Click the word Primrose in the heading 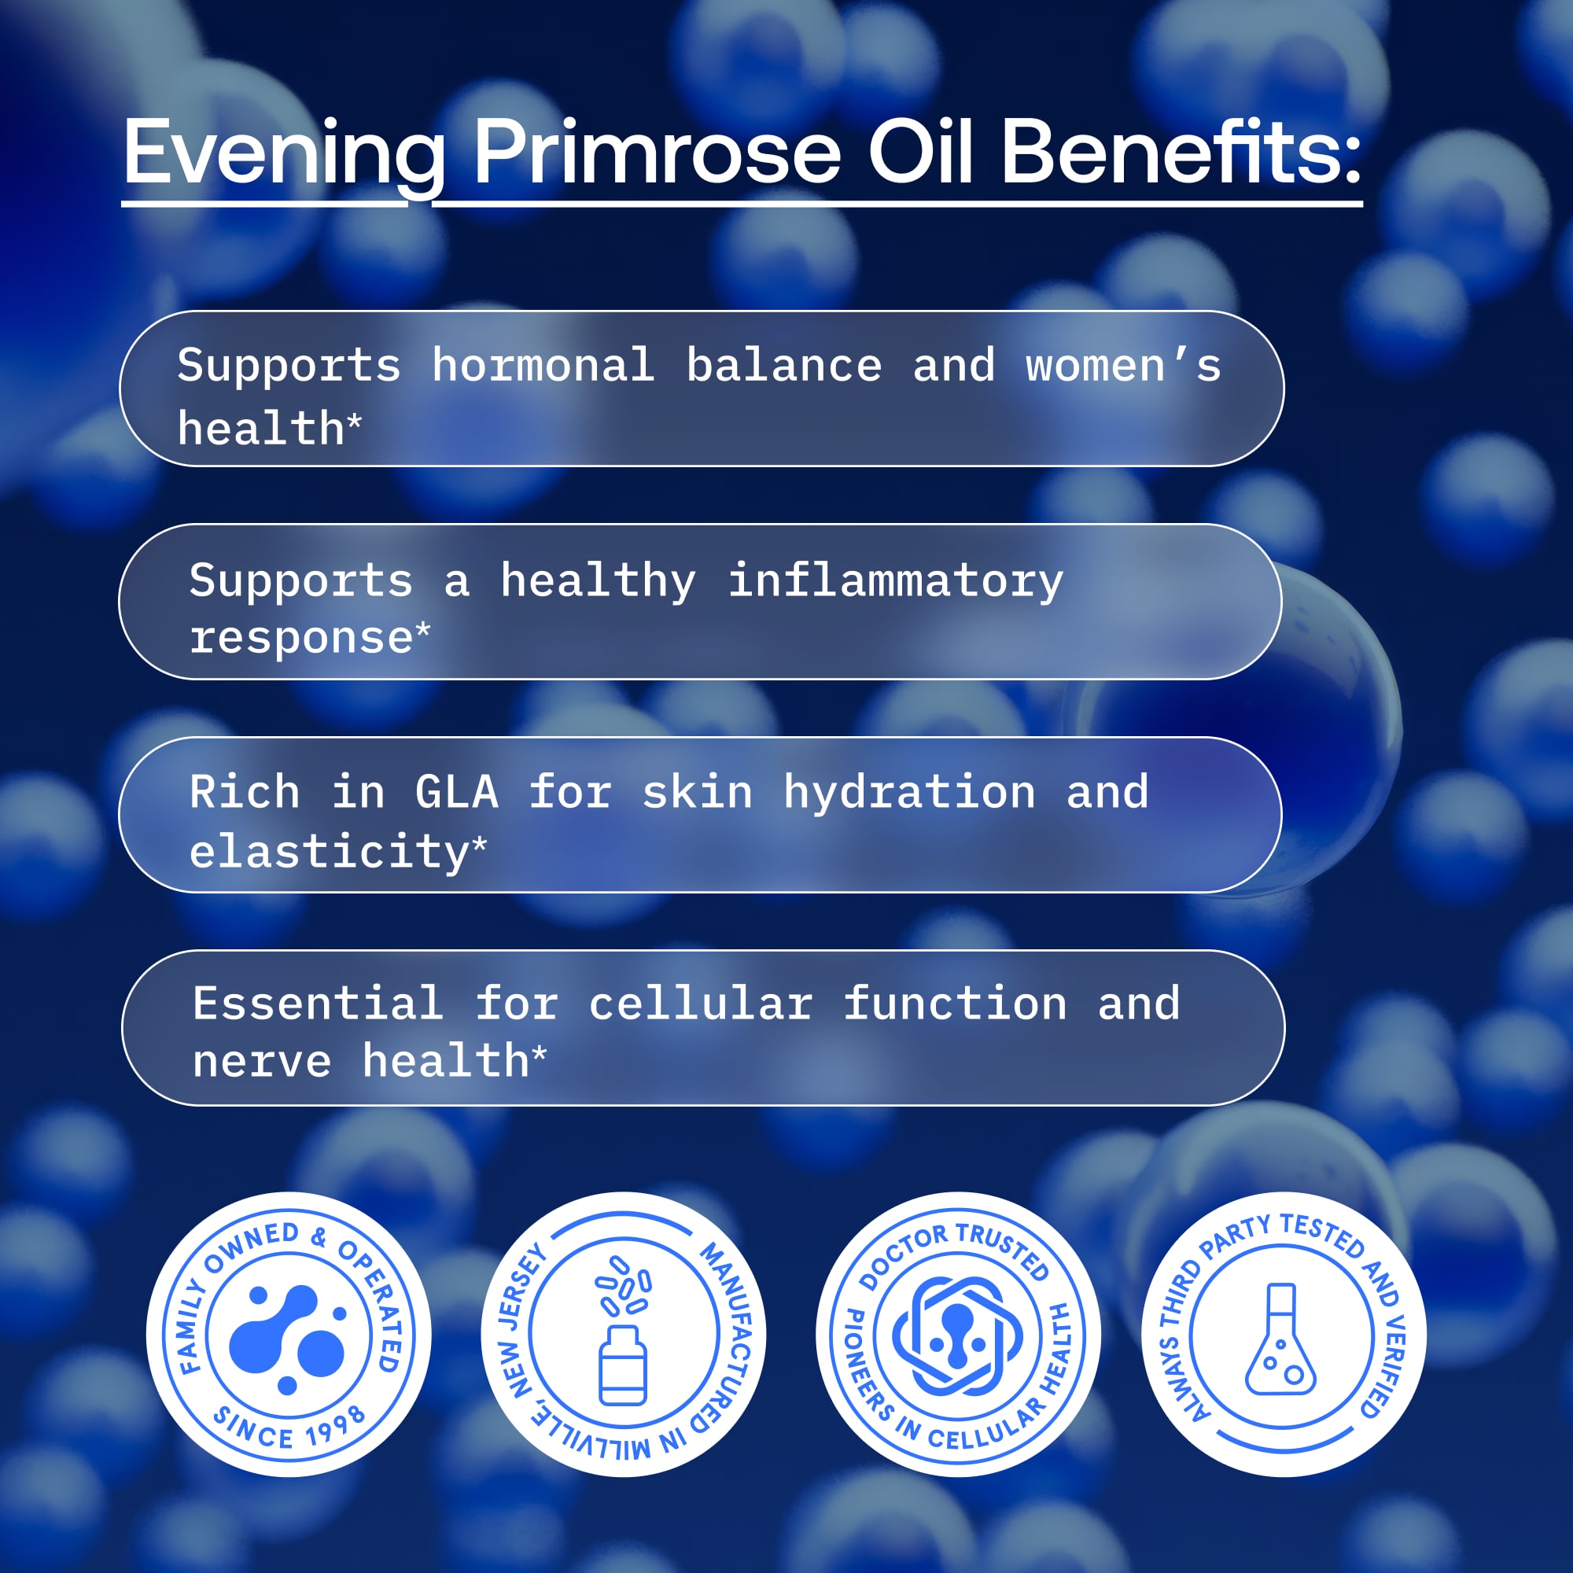click(656, 153)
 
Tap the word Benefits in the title click(1172, 153)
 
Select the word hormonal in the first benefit click(543, 365)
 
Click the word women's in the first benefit click(1123, 365)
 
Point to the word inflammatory click(896, 581)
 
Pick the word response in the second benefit click(301, 639)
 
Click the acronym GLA click(456, 792)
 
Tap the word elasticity click(329, 853)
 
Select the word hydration click(909, 792)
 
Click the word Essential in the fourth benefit click(319, 1003)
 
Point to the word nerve click(262, 1062)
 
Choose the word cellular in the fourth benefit click(701, 1003)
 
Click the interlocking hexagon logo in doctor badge click(957, 1336)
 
